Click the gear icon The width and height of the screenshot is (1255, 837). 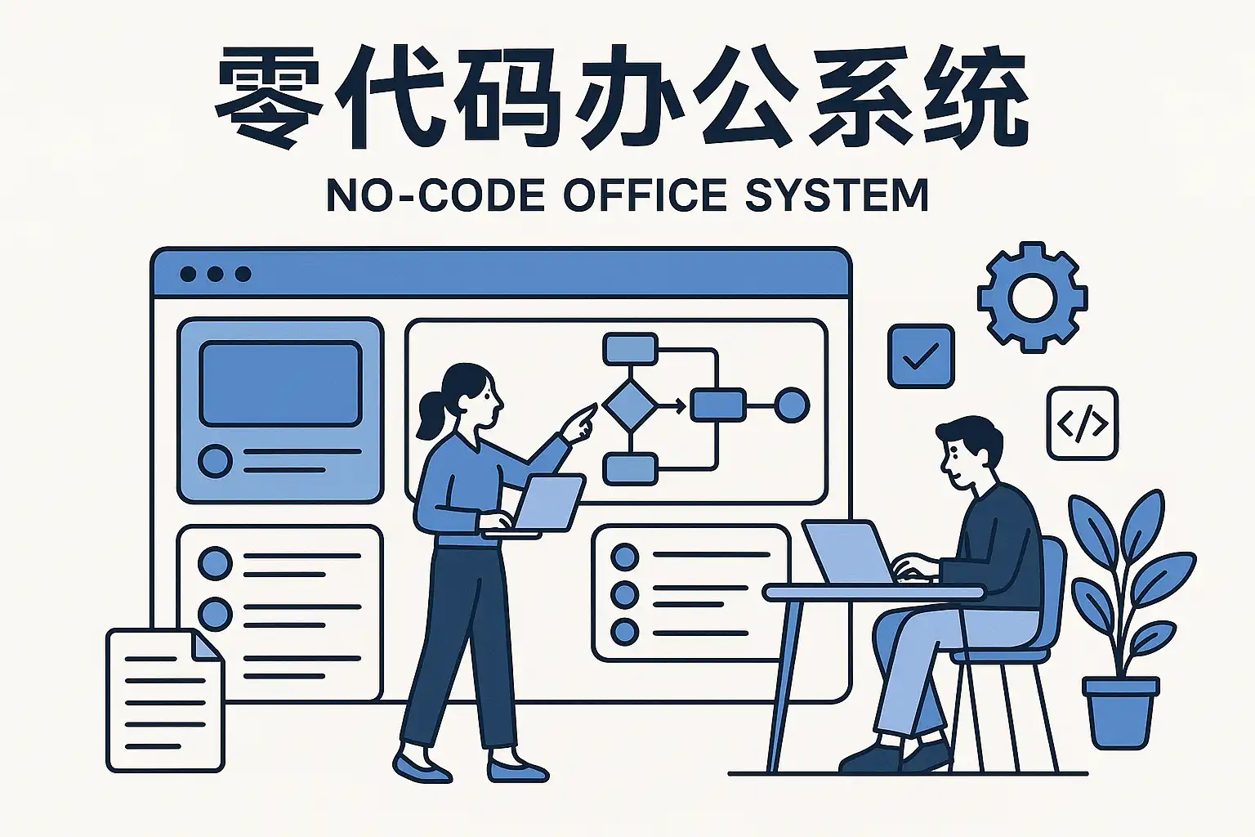(1032, 298)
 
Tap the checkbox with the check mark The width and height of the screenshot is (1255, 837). (921, 356)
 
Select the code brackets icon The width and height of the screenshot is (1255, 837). (1082, 423)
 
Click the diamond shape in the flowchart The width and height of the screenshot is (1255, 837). (629, 404)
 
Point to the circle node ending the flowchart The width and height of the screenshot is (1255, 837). (791, 405)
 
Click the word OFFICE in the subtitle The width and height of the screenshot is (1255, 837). (645, 196)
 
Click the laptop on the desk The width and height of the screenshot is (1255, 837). (846, 553)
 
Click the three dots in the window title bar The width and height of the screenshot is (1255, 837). (215, 274)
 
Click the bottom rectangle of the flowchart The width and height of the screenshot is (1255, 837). (629, 469)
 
